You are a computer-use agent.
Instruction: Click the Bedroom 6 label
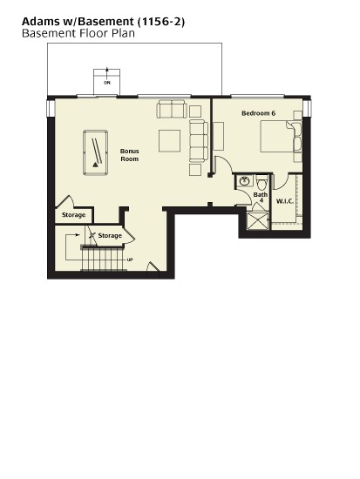259,113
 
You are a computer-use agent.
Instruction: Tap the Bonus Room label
130,155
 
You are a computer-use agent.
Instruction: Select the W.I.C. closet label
285,201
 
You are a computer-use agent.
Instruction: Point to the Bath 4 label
261,198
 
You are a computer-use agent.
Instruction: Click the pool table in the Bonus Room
95,152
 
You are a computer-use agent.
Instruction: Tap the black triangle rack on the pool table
95,165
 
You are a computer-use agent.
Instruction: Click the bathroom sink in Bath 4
244,181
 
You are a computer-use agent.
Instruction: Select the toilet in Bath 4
262,182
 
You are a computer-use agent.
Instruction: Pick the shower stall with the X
258,220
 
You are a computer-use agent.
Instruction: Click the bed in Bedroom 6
281,136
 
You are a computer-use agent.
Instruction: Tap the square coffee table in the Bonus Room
169,141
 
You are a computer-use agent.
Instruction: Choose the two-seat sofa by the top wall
172,109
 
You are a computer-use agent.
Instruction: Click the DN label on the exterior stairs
107,83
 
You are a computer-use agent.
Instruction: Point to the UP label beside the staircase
130,260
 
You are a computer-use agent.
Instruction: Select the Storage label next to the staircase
110,236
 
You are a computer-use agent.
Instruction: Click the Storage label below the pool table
73,215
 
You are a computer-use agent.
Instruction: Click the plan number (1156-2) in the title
161,22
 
